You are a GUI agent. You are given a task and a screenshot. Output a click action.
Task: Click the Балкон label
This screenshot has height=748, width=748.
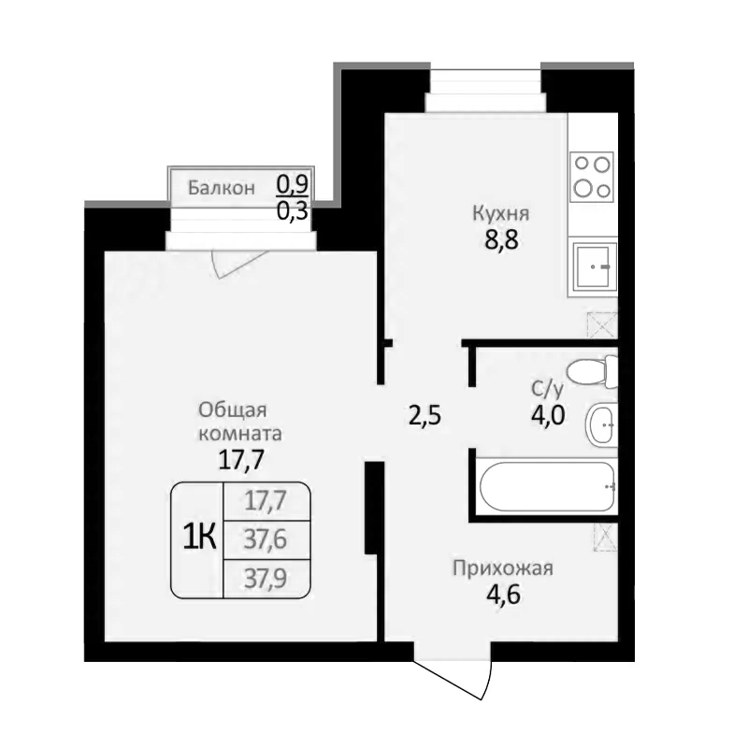click(x=221, y=187)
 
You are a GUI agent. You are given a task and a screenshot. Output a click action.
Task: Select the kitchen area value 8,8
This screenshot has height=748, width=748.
click(x=495, y=238)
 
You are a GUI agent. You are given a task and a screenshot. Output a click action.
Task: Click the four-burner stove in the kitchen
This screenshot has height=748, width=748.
click(x=593, y=175)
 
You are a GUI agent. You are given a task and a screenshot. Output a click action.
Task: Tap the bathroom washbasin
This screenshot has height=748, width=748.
click(x=600, y=426)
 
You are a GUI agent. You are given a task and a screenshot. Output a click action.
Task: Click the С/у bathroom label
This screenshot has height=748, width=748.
click(x=547, y=388)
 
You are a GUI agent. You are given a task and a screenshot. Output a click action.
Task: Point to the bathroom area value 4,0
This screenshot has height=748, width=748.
click(x=547, y=414)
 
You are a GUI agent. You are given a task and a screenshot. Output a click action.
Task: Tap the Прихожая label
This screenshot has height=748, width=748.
click(x=503, y=568)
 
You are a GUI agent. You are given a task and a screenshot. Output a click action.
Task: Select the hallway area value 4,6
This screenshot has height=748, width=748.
click(x=502, y=594)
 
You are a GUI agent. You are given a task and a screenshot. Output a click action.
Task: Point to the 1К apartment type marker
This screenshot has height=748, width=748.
click(x=197, y=538)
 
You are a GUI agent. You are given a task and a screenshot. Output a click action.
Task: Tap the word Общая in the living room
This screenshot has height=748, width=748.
click(x=233, y=410)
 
